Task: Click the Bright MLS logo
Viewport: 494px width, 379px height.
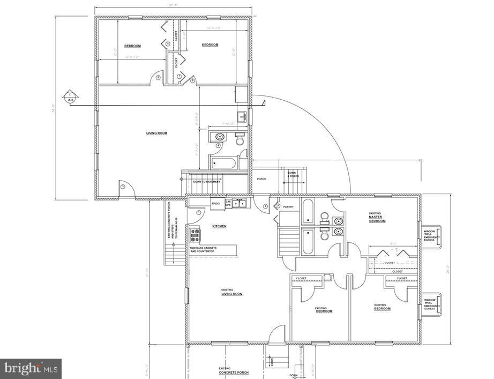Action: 31,368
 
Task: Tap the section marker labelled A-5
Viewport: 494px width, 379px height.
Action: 70,96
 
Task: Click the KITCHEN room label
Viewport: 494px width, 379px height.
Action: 219,226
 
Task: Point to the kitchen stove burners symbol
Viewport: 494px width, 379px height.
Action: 195,235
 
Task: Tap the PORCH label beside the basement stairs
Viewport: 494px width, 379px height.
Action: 262,179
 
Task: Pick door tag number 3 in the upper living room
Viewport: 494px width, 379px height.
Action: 123,186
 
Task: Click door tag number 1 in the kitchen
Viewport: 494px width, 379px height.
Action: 199,213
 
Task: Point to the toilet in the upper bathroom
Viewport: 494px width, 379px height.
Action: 241,140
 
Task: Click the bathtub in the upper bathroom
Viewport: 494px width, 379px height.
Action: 223,163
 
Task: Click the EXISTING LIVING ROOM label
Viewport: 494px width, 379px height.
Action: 231,292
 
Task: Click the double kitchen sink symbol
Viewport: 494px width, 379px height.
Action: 240,203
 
